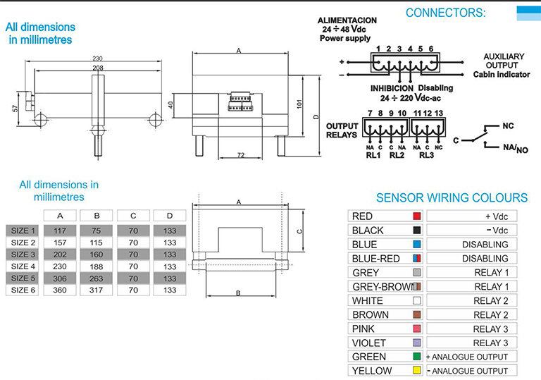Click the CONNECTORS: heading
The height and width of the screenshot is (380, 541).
445,12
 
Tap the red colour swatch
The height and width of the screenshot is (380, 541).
416,216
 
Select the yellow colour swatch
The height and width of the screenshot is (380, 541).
416,371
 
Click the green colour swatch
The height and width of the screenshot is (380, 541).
416,357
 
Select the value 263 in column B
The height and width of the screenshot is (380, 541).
96,278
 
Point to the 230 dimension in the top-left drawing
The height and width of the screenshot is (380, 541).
98,59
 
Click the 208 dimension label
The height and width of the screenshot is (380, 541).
98,68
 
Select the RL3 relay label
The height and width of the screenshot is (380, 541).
428,156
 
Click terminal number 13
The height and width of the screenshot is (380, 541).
439,114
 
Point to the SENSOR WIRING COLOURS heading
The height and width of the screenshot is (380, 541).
452,198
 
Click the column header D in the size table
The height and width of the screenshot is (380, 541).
170,216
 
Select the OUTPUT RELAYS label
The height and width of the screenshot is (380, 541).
342,130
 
